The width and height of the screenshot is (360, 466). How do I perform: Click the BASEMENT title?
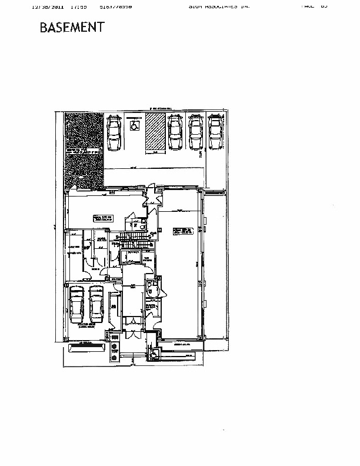(72, 28)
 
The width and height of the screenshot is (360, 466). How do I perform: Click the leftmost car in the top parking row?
(114, 132)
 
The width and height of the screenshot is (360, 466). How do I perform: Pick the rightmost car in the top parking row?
(215, 132)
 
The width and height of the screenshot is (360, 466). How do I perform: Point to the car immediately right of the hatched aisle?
(175, 132)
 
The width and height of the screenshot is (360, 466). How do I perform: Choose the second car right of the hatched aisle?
(195, 132)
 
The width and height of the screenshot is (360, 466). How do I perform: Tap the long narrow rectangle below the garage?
(87, 348)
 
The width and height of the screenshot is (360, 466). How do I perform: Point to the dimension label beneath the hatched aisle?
(155, 152)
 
